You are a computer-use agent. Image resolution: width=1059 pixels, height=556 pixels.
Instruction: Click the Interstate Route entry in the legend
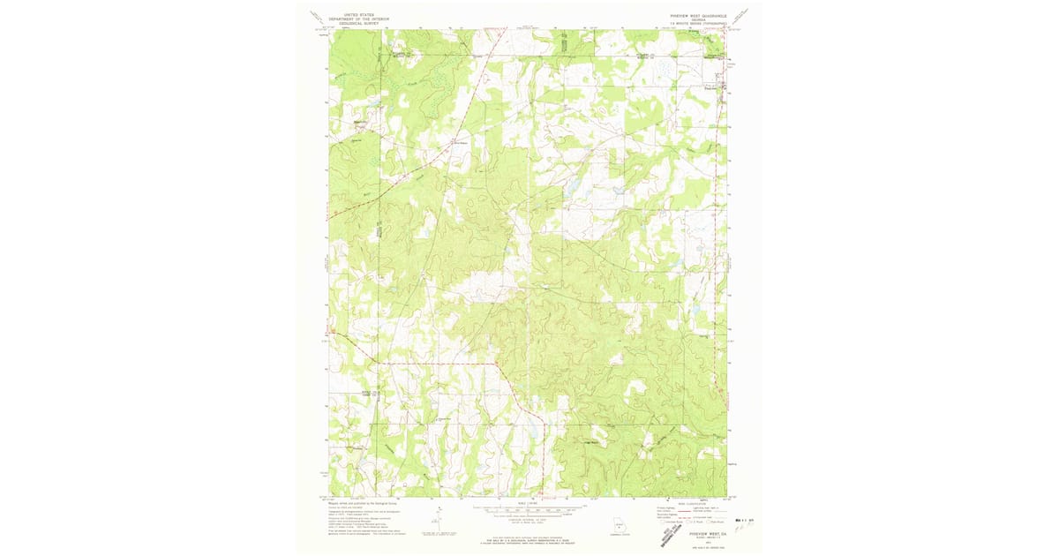point(672,522)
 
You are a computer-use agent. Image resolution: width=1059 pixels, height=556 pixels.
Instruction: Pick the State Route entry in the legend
point(717,522)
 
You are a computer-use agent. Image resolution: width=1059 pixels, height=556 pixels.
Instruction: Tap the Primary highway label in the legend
point(665,508)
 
